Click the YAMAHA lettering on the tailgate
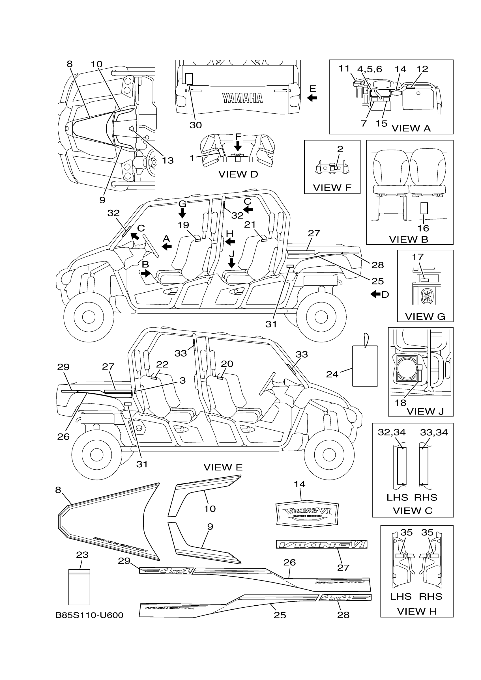click(x=242, y=98)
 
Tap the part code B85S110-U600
click(x=89, y=615)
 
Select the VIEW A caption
click(x=411, y=128)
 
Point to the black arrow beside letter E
click(x=312, y=98)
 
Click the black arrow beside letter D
click(x=375, y=294)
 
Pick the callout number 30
click(x=196, y=125)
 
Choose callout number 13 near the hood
click(x=168, y=160)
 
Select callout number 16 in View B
click(x=423, y=228)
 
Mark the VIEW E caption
click(x=223, y=467)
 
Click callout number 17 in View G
click(x=418, y=257)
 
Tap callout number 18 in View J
click(x=400, y=403)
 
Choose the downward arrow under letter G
click(x=182, y=213)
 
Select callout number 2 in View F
click(x=340, y=149)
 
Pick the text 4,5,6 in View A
click(x=370, y=69)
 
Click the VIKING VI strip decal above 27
click(x=321, y=544)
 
